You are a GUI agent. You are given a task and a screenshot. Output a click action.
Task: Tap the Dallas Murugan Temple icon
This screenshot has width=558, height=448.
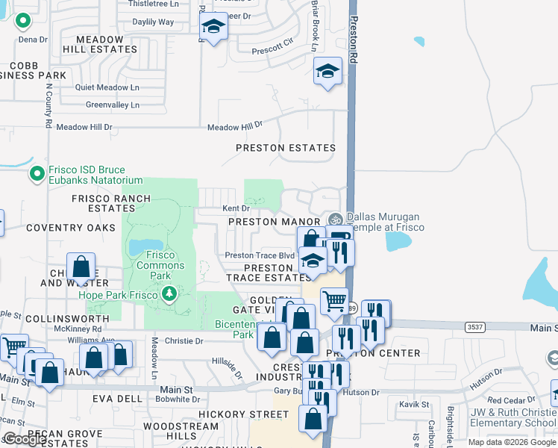coord(335,220)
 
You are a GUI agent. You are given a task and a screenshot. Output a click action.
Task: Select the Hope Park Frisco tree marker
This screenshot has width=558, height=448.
coord(169,293)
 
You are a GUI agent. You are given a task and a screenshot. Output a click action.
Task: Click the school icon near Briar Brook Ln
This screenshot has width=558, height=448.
coord(327,72)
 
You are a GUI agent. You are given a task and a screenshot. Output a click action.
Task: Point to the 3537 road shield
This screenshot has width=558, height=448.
coord(474,327)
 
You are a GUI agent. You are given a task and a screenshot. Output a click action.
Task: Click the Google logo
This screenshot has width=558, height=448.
coord(25,439)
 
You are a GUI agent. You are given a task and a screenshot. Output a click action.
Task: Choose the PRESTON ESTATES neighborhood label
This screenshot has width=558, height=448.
coord(286,148)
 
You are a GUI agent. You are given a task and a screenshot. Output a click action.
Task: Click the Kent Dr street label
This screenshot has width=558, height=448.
coord(233,208)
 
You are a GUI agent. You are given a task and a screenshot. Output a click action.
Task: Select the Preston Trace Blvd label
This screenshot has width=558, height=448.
coord(260,255)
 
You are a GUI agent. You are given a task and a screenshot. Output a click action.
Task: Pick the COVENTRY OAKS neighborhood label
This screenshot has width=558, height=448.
coord(70,228)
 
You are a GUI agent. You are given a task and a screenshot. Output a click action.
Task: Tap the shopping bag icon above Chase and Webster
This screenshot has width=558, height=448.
coord(81,267)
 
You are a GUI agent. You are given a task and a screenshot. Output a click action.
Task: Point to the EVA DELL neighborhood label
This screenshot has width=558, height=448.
coord(117,399)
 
